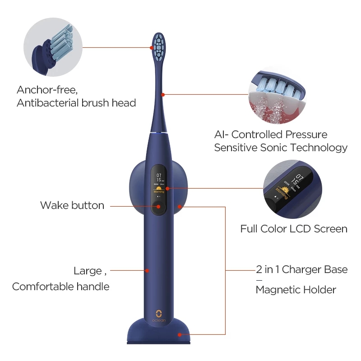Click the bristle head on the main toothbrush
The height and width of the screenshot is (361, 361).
(x=158, y=47)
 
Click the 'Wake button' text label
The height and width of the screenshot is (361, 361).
(x=72, y=205)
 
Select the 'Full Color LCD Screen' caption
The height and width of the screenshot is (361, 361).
(x=294, y=229)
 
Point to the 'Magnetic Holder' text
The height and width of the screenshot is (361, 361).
(x=296, y=290)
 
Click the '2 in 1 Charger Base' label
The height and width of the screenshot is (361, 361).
(x=302, y=270)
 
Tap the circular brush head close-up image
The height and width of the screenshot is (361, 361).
(x=52, y=44)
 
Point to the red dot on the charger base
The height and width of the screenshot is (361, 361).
(x=180, y=334)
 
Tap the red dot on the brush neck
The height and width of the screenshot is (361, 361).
(x=163, y=94)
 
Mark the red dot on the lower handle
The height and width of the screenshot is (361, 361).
(x=147, y=271)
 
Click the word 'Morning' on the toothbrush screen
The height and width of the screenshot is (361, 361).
(x=159, y=192)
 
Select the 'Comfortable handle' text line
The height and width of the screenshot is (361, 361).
(x=61, y=286)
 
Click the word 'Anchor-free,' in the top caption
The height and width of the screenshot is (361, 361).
(x=50, y=89)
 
